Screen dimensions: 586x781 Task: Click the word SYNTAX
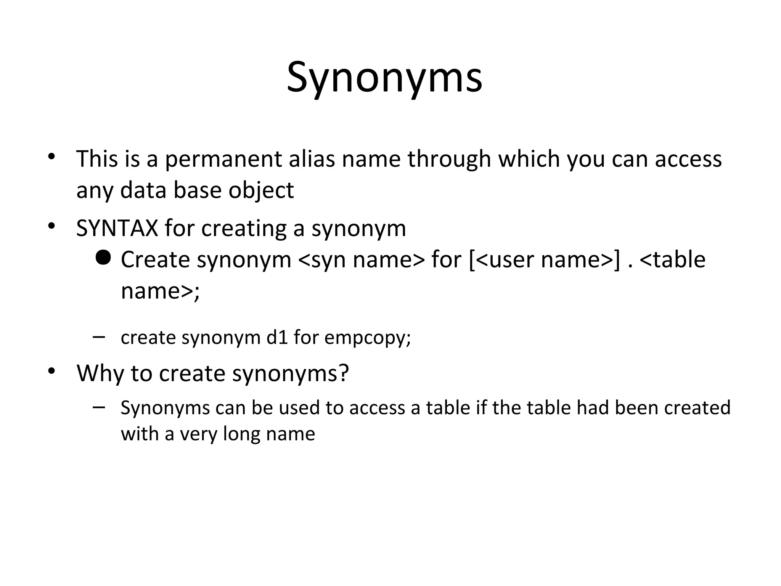tap(117, 229)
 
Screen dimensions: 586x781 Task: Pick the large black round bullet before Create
tap(103, 258)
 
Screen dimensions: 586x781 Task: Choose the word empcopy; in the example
tap(368, 338)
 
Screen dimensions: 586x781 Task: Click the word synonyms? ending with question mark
tap(291, 373)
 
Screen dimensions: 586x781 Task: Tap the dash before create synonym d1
tap(99, 336)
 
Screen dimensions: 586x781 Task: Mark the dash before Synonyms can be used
tap(99, 407)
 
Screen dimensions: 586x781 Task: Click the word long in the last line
tap(241, 434)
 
